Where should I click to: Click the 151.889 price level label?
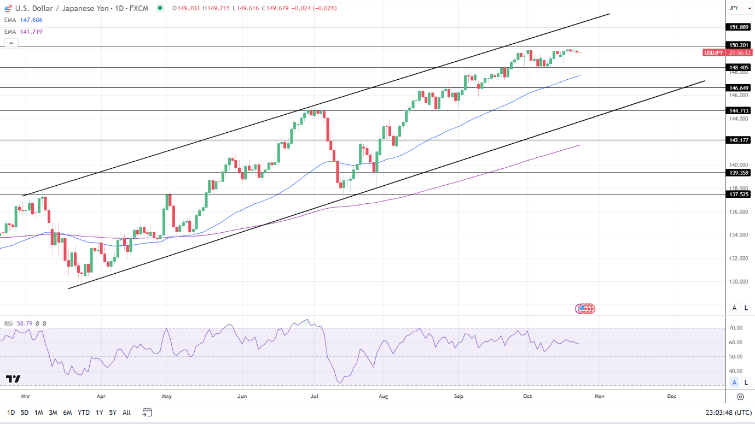pyautogui.click(x=739, y=27)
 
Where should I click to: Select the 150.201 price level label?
pyautogui.click(x=739, y=45)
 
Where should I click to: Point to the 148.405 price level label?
pyautogui.click(x=739, y=68)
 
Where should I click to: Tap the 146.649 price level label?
pyautogui.click(x=739, y=87)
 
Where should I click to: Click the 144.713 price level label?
pyautogui.click(x=739, y=110)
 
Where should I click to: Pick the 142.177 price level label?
pyautogui.click(x=739, y=140)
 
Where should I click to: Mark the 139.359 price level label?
pyautogui.click(x=739, y=173)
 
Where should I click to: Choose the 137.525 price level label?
pyautogui.click(x=739, y=194)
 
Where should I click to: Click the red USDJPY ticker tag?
pyautogui.click(x=713, y=52)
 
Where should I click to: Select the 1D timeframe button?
pyautogui.click(x=11, y=413)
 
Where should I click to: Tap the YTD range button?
pyautogui.click(x=84, y=413)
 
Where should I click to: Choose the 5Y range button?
pyautogui.click(x=113, y=413)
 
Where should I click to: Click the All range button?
pyautogui.click(x=126, y=413)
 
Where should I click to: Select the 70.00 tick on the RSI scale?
pyautogui.click(x=736, y=328)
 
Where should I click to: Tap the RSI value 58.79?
pyautogui.click(x=25, y=323)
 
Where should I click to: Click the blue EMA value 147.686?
pyautogui.click(x=31, y=20)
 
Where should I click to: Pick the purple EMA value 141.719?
pyautogui.click(x=31, y=32)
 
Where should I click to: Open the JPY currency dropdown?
pyautogui.click(x=740, y=8)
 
